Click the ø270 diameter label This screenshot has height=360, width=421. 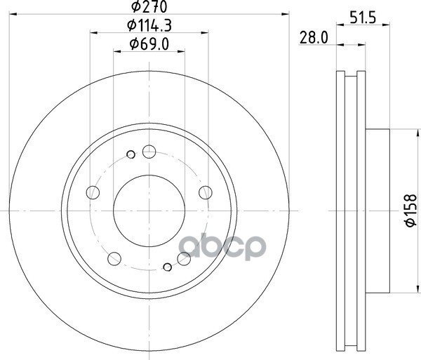(x=149, y=6)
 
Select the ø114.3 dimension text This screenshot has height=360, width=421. (x=149, y=25)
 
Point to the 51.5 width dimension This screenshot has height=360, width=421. (x=363, y=18)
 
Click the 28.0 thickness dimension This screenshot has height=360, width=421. (x=314, y=37)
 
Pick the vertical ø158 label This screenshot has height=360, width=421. (x=410, y=211)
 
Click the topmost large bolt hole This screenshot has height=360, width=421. (x=149, y=152)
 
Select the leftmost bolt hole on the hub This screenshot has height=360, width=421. (x=93, y=192)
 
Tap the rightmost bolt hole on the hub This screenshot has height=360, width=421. (x=206, y=192)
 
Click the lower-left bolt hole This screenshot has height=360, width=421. (x=114, y=259)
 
